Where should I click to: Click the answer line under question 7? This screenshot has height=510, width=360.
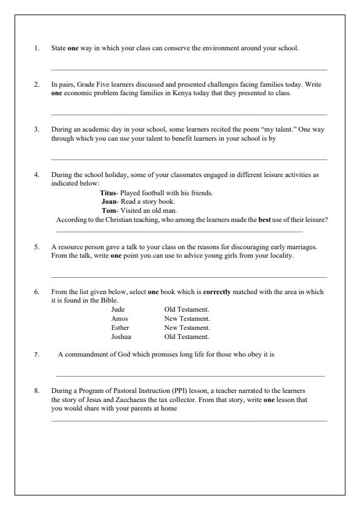(190, 377)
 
